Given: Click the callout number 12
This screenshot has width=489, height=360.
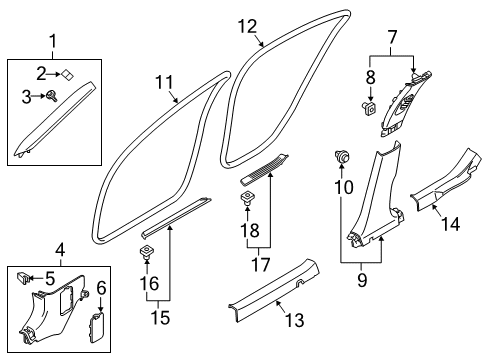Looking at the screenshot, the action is [x=248, y=27].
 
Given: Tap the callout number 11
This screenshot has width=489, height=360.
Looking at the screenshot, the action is [x=165, y=82].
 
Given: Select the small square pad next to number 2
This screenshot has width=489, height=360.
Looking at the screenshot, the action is [x=68, y=75].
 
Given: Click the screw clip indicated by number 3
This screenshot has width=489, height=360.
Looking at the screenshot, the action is [x=53, y=96].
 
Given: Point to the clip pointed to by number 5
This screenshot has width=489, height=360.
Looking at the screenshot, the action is [x=24, y=278].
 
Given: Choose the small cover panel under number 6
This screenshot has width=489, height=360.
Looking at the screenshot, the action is [x=96, y=327].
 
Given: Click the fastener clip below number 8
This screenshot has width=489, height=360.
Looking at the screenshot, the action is [x=369, y=108].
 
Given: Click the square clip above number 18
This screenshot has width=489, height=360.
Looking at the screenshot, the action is [x=247, y=198].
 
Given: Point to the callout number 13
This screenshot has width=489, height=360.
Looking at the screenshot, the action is [x=295, y=320].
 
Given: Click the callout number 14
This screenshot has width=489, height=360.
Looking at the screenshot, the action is [x=451, y=224].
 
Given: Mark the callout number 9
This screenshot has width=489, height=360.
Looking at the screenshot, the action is [x=362, y=280].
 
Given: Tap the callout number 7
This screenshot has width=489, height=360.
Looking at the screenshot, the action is [x=392, y=37].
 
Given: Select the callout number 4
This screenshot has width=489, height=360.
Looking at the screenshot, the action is [x=60, y=250].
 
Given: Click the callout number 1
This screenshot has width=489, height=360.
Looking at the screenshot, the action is [x=53, y=42].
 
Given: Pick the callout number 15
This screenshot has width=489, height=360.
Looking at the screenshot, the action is [x=160, y=317].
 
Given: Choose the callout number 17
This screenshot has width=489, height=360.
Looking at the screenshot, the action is [x=260, y=265].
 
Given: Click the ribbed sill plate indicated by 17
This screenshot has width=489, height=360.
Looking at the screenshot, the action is [x=264, y=169].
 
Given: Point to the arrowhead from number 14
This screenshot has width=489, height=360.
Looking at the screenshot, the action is [x=434, y=207].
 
